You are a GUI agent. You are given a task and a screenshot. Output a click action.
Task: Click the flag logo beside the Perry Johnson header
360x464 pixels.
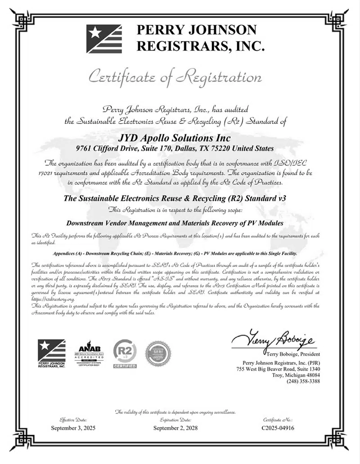coord(103,39)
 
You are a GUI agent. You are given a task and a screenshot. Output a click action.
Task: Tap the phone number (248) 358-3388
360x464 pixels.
coord(303,381)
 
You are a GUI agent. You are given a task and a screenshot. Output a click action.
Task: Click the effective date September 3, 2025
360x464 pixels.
coord(73,428)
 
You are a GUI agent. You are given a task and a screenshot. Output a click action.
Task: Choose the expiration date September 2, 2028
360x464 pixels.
coord(175,428)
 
